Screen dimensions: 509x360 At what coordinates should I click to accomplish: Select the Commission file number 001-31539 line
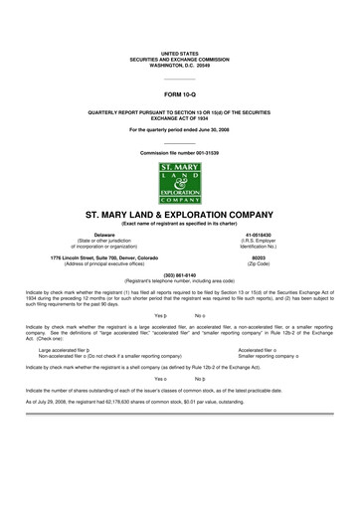click(x=180, y=154)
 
